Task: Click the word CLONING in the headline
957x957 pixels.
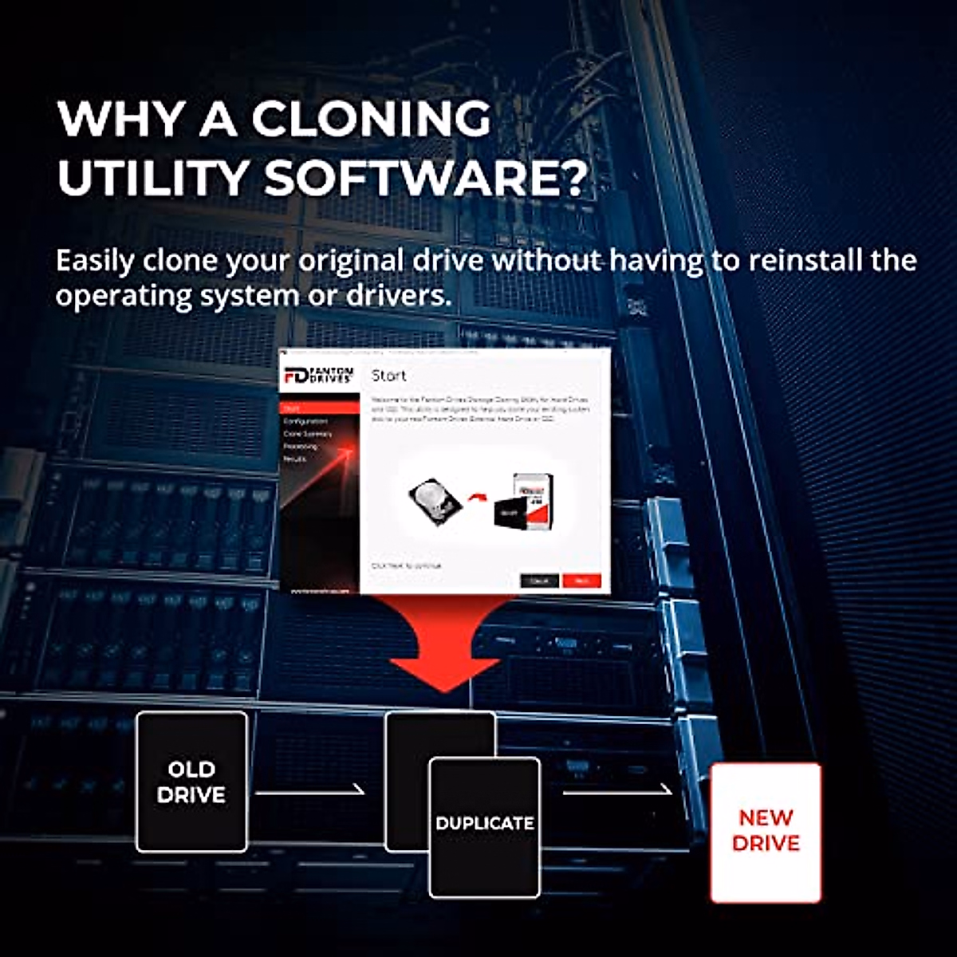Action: tap(371, 120)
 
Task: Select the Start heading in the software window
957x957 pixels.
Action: tap(389, 376)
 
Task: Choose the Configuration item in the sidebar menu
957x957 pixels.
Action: tap(305, 421)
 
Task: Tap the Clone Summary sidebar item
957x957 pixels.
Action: tap(307, 434)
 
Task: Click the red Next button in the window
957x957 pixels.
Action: tap(581, 581)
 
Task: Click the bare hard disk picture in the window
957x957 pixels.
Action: tap(435, 500)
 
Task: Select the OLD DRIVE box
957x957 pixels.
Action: tap(191, 782)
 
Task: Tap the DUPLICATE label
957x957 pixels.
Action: tap(485, 823)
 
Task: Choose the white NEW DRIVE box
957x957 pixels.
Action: tap(766, 832)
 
